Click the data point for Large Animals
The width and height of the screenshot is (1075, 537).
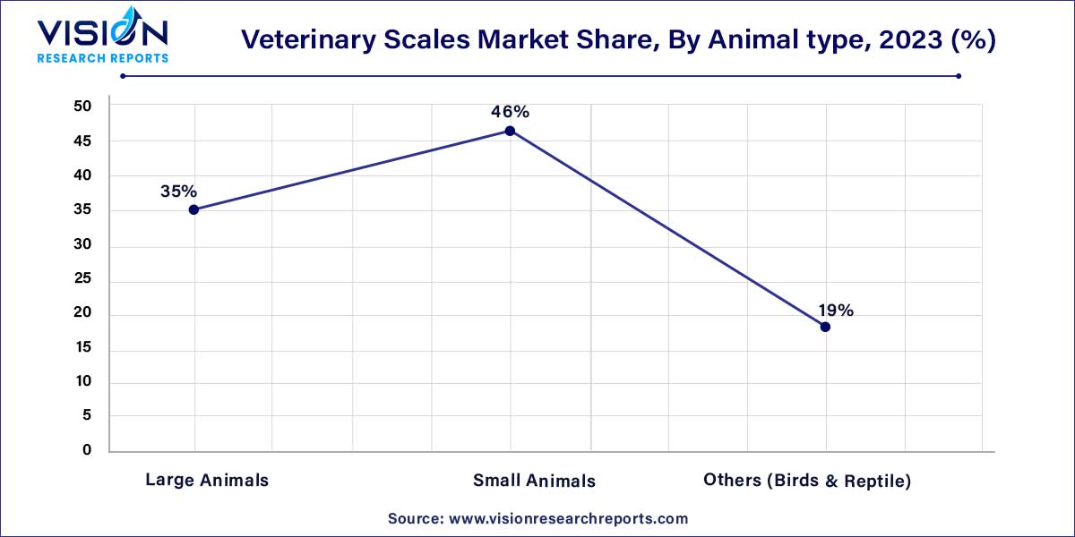[194, 209]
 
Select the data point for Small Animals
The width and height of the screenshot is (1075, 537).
[510, 131]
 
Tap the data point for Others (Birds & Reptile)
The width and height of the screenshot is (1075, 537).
[825, 327]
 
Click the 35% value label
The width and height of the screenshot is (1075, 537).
[178, 191]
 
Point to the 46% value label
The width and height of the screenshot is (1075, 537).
[510, 112]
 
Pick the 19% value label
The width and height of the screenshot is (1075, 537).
[835, 311]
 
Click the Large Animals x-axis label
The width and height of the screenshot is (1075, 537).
[207, 481]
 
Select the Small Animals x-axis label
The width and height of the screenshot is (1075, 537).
[534, 481]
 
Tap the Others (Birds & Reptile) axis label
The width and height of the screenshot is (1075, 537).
[807, 481]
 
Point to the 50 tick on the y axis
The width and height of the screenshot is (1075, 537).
[82, 107]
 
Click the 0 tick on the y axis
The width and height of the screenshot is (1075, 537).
[87, 451]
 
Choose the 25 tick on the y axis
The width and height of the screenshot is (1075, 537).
[82, 279]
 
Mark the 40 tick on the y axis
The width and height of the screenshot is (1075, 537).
[82, 175]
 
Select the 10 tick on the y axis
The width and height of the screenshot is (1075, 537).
[82, 382]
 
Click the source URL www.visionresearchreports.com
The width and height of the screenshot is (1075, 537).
[567, 518]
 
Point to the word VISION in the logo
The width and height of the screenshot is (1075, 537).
[101, 34]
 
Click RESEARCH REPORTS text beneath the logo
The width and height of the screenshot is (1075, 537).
[101, 57]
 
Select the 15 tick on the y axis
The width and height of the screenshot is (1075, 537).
[82, 348]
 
